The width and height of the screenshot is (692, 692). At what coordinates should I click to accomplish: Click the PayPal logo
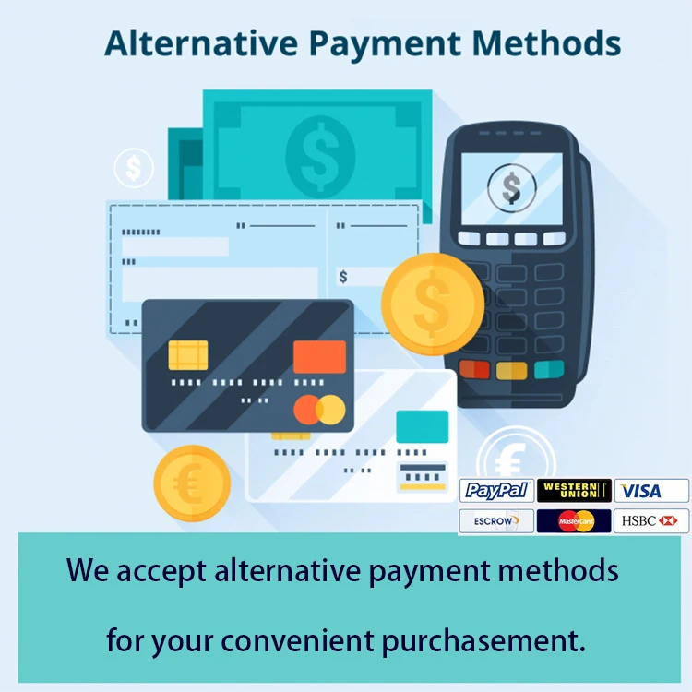[496, 491]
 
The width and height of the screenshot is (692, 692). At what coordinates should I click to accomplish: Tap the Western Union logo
[573, 491]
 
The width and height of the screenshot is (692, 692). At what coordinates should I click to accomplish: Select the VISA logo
[650, 491]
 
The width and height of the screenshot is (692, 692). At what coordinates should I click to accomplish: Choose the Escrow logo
[496, 521]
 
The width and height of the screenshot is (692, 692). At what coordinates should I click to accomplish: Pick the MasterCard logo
[573, 521]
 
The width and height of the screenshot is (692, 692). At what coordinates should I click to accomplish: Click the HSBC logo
[650, 521]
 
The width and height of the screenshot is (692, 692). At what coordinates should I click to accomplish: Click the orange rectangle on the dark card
[319, 357]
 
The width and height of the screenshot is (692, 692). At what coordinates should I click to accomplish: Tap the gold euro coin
[192, 483]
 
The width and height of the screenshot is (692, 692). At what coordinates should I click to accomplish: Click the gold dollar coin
[432, 302]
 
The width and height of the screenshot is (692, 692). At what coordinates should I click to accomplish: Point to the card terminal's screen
[511, 188]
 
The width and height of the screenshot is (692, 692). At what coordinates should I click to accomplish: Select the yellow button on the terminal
[511, 370]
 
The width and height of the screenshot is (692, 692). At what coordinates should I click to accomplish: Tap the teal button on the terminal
[549, 369]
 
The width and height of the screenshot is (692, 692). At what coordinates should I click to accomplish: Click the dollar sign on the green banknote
[320, 149]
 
